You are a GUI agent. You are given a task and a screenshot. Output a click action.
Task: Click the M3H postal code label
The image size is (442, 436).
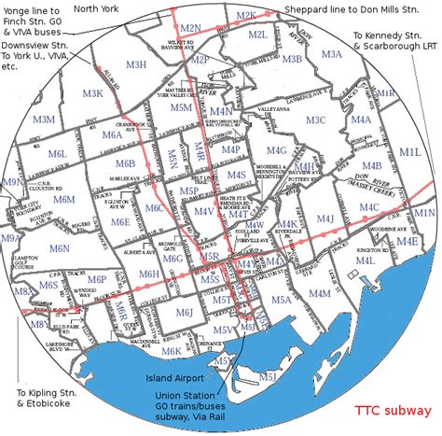[x=136, y=64]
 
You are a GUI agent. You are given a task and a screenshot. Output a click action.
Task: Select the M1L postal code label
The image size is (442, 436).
[x=409, y=150]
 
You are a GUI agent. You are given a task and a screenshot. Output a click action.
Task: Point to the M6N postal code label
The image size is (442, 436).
[x=60, y=248]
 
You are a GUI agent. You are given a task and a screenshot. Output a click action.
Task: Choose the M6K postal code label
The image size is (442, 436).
[x=171, y=352]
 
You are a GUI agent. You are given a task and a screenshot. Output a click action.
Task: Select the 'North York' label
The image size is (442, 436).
[x=97, y=8]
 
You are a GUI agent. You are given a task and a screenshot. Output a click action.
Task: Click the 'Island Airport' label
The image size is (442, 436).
[x=175, y=378]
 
